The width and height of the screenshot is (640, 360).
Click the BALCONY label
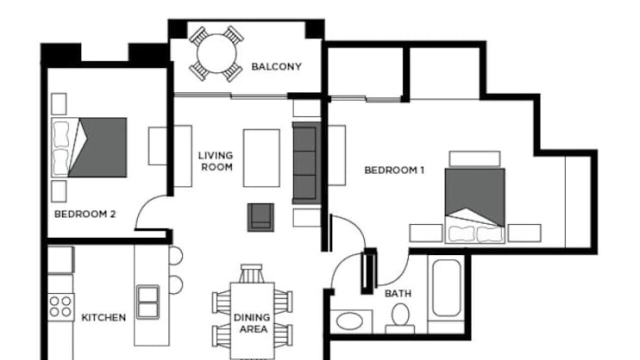point(276,66)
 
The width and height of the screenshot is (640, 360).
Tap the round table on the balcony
point(217,53)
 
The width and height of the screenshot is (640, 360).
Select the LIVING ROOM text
point(215,161)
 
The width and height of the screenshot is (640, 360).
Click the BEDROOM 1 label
point(394,170)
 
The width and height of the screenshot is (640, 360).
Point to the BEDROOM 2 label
point(85,214)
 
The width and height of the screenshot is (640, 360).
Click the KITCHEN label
point(103,317)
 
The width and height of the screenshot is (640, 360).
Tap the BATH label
point(398,293)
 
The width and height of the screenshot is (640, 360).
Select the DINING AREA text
point(251,323)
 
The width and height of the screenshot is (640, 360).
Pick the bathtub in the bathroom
point(446,288)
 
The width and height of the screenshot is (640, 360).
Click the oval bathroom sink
point(349,321)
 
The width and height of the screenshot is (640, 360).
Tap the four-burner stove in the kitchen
point(60,307)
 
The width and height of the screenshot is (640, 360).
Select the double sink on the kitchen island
point(148,301)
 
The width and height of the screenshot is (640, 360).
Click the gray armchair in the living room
point(260,217)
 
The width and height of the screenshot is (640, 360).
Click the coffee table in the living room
point(261,158)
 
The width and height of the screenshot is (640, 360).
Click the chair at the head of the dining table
point(251,273)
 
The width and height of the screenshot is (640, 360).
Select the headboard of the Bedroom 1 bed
point(475,158)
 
